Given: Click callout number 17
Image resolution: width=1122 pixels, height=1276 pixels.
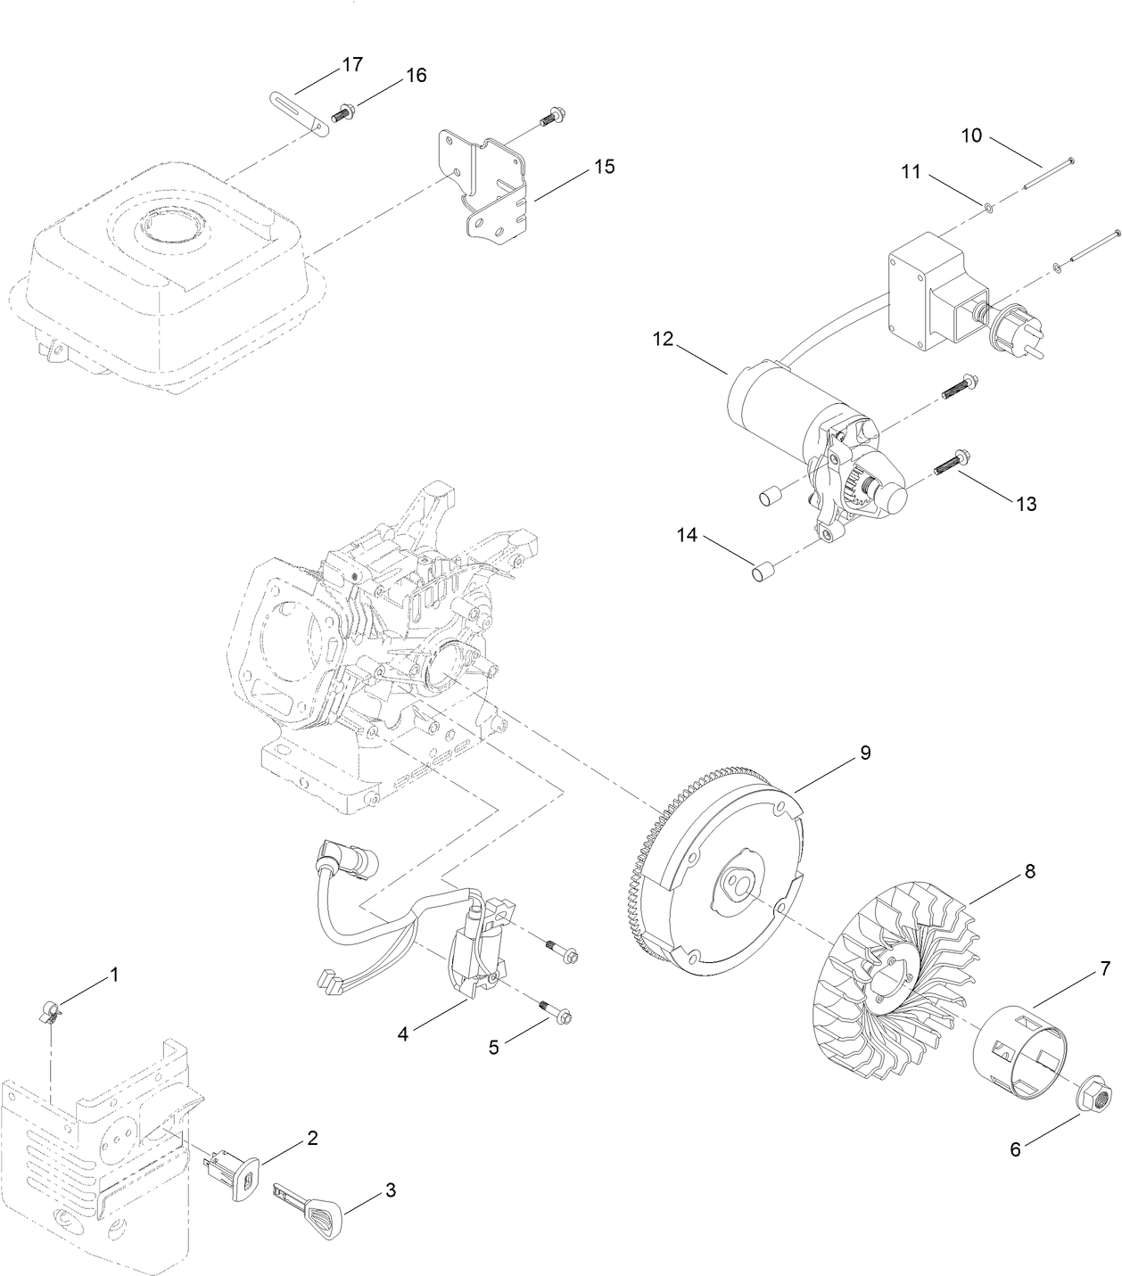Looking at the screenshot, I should pyautogui.click(x=352, y=64).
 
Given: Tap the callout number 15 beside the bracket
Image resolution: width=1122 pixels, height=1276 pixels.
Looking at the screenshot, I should pyautogui.click(x=604, y=167).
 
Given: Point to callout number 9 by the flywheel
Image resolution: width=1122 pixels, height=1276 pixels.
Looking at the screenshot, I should pyautogui.click(x=864, y=753).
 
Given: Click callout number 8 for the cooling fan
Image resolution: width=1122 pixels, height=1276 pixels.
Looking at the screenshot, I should pyautogui.click(x=1029, y=871).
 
